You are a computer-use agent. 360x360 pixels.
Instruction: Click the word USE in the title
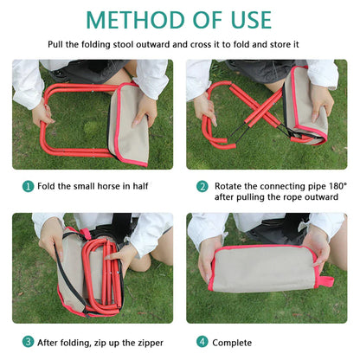244,19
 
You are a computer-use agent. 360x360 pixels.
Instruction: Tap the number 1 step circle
28,186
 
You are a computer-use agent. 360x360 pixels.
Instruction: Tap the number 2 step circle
202,186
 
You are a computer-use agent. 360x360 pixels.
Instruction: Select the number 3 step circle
28,341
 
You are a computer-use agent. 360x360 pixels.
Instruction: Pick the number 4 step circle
202,341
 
